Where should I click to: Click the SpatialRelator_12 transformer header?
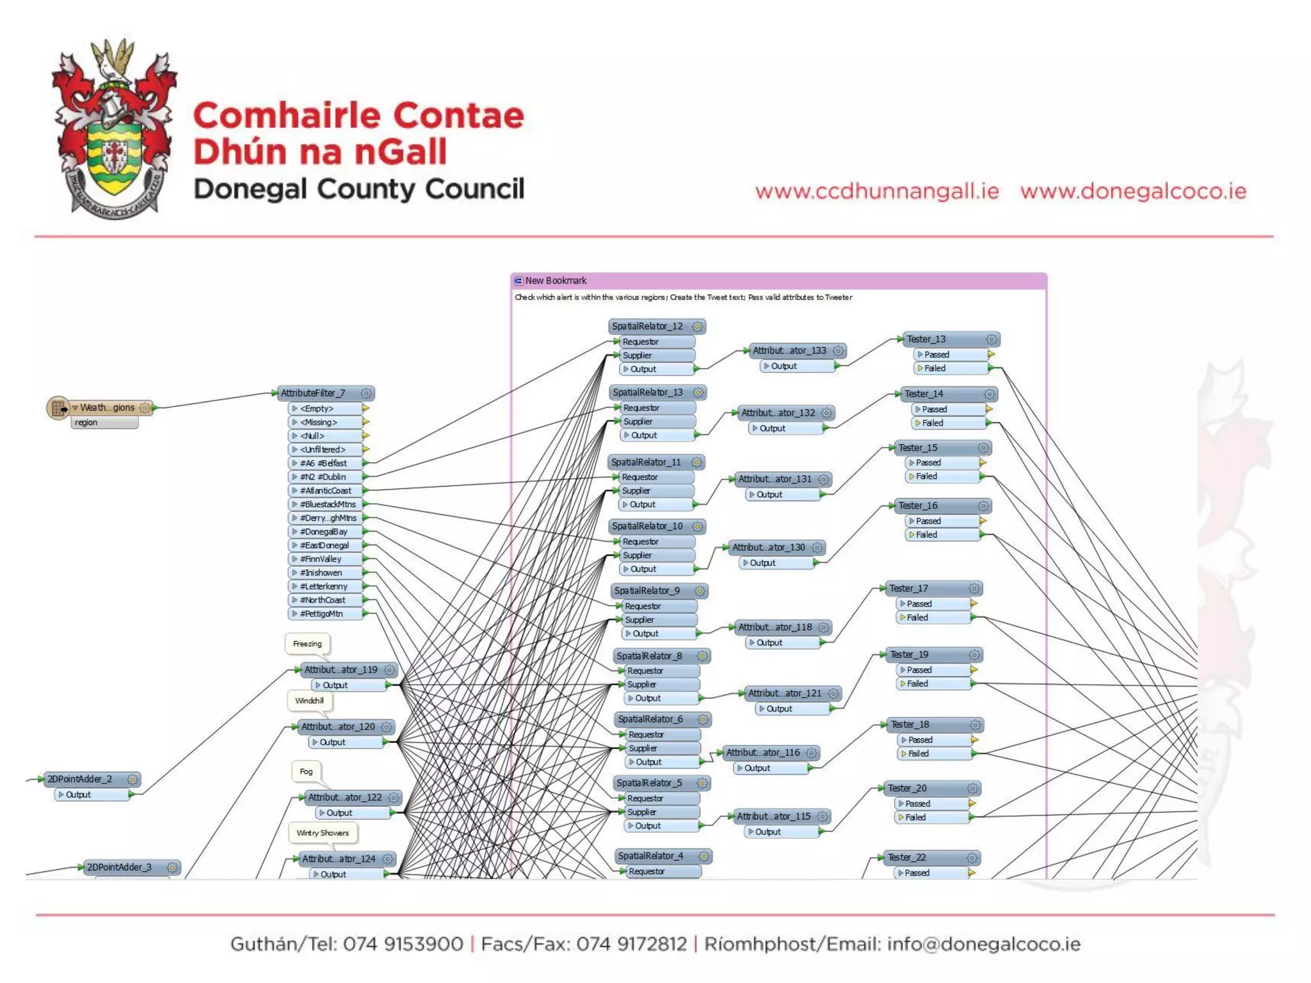[648, 326]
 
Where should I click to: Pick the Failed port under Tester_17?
[917, 618]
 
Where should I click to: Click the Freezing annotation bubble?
[307, 644]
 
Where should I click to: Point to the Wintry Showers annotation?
[323, 833]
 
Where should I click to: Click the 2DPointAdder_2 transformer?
[80, 779]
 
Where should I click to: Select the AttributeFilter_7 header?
[313, 393]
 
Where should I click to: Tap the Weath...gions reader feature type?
[107, 408]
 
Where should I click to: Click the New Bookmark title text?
[556, 281]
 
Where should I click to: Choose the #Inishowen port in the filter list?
[321, 573]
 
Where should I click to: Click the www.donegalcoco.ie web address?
[1133, 191]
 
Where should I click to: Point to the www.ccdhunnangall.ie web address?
[877, 191]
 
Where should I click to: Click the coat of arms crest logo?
[114, 128]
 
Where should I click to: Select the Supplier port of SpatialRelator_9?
[639, 620]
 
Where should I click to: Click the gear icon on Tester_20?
[972, 788]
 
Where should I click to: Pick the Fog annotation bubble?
[307, 772]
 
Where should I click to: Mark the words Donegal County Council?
[358, 189]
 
